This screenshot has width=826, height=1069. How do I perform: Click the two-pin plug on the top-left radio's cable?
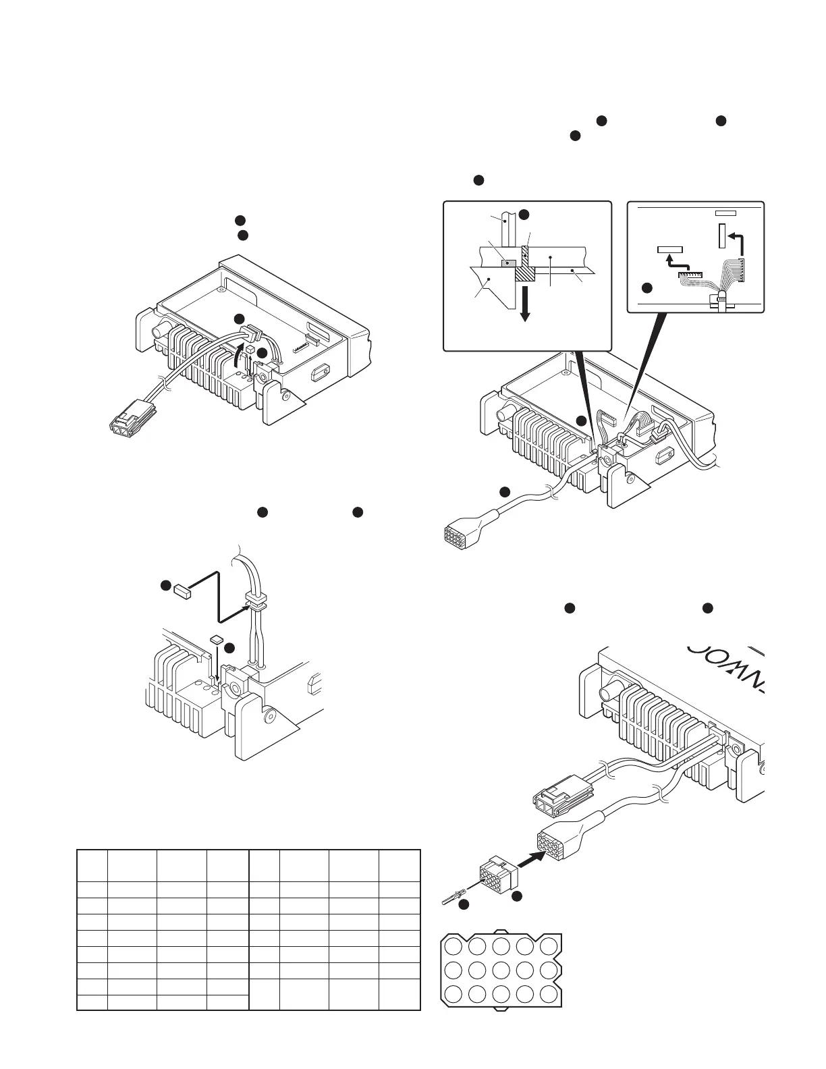click(x=132, y=417)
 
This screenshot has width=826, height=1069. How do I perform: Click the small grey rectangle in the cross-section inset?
click(x=510, y=263)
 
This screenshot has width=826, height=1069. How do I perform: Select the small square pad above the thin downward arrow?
click(x=217, y=638)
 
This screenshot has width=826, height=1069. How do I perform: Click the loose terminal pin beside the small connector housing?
click(x=451, y=898)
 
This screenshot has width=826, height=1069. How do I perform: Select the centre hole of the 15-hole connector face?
click(x=501, y=970)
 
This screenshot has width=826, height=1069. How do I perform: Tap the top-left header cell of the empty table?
click(x=92, y=865)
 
